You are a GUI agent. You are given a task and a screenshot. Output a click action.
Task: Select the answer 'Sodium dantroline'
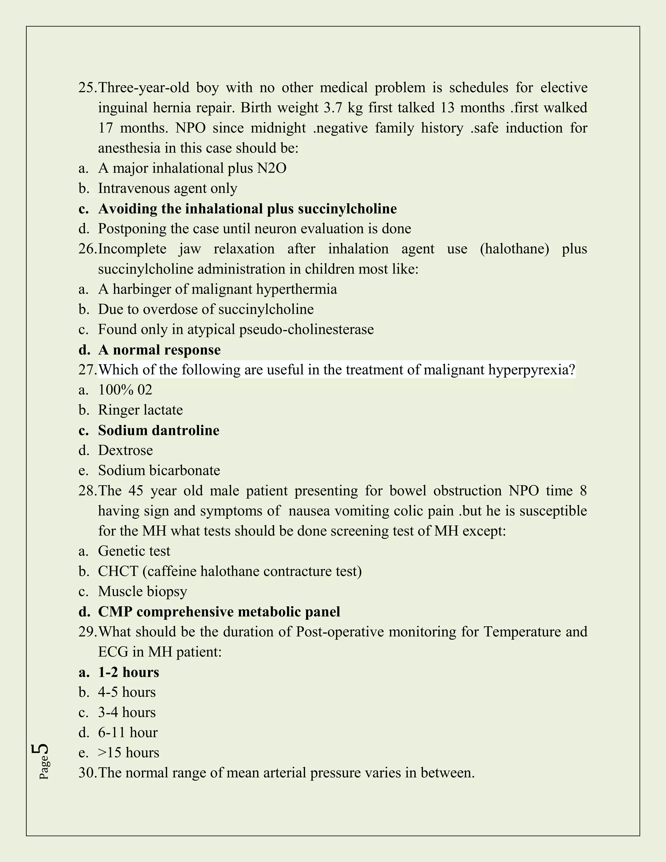pos(159,430)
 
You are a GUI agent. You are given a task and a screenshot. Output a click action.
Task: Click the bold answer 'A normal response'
pos(159,350)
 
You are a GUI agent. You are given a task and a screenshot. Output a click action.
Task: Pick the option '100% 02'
pos(125,390)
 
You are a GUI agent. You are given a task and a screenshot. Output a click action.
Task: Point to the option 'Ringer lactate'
pos(140,410)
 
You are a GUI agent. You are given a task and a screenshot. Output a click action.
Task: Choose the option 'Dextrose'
pos(126,450)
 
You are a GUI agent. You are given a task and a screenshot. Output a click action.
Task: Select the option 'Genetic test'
pos(134,551)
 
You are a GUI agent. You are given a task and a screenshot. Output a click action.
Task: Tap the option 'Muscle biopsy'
pos(142,591)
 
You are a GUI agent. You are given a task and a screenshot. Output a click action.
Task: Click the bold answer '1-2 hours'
pos(129,672)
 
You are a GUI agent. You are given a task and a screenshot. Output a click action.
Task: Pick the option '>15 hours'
pos(129,753)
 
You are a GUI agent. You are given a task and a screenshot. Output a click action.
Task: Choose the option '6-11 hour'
pos(128,733)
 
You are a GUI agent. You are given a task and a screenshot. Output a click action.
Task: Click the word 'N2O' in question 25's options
pos(272,168)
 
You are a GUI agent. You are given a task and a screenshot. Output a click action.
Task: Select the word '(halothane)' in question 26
pos(514,249)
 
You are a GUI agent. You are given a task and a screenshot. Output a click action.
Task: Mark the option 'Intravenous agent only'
pos(168,188)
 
